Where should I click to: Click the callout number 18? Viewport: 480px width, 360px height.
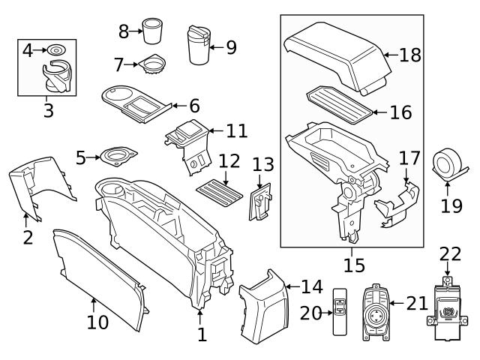click(410, 55)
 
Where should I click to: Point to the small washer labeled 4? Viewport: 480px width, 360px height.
click(55, 51)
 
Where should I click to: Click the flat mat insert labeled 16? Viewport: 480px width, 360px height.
click(339, 106)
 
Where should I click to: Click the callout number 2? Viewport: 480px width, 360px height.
click(27, 238)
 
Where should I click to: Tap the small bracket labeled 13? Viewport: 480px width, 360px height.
click(259, 202)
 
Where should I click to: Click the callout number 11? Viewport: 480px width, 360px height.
click(236, 130)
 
